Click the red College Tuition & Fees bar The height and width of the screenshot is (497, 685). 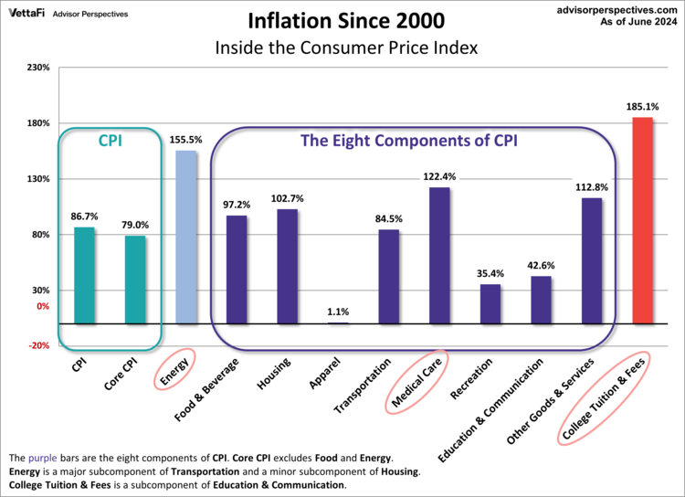coord(642,220)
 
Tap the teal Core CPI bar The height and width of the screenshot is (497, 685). coord(135,280)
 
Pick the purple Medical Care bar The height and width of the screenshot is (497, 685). coord(439,255)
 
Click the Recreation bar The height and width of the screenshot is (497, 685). coord(490,303)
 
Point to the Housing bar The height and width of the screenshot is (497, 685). coord(287,266)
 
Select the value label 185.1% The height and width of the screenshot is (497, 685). coord(642,107)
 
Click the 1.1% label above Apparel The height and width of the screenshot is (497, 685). coord(338,312)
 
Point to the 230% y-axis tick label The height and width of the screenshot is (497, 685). coord(37,68)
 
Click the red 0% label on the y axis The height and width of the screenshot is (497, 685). coord(42,307)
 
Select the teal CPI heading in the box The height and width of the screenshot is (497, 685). coord(110,142)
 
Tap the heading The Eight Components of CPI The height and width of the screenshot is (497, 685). coord(409,142)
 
